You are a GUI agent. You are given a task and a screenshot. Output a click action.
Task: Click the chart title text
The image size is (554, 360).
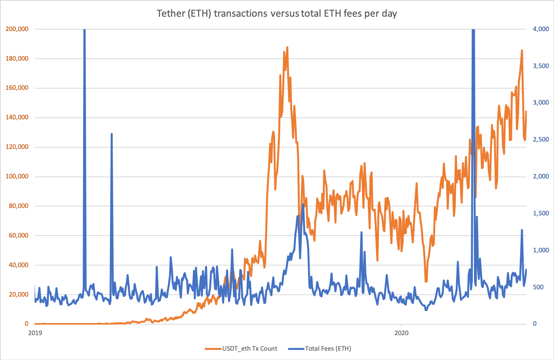(x=277, y=14)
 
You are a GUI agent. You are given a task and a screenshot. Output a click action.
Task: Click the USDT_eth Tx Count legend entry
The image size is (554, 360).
(x=249, y=348)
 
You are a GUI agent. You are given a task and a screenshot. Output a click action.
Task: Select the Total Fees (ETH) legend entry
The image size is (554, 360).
(x=328, y=348)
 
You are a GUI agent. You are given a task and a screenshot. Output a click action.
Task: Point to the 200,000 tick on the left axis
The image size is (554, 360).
(x=17, y=29)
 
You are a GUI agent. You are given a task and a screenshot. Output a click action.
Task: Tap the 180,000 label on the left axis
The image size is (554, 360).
(x=17, y=58)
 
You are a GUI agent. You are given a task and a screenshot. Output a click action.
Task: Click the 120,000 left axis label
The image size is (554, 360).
(x=17, y=147)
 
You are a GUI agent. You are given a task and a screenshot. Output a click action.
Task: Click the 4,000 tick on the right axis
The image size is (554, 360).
(x=541, y=29)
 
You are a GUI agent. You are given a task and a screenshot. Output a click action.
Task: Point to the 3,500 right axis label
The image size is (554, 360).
(x=541, y=66)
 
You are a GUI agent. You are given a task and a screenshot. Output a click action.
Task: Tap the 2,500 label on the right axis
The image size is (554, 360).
(x=541, y=140)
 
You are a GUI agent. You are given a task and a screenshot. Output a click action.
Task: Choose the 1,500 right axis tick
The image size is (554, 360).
(x=541, y=213)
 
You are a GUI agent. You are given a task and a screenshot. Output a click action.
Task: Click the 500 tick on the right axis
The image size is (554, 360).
(x=538, y=287)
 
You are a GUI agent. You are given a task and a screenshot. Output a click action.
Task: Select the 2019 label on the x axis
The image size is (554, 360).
(x=35, y=333)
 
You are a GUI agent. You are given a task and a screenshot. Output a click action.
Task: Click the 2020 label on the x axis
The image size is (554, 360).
(x=401, y=333)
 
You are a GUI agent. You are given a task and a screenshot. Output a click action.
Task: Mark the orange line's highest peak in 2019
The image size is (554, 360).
(x=287, y=47)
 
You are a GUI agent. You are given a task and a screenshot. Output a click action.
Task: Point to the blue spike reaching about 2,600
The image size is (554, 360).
(x=111, y=134)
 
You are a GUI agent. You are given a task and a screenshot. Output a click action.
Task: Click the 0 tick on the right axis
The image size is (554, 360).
(x=535, y=324)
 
